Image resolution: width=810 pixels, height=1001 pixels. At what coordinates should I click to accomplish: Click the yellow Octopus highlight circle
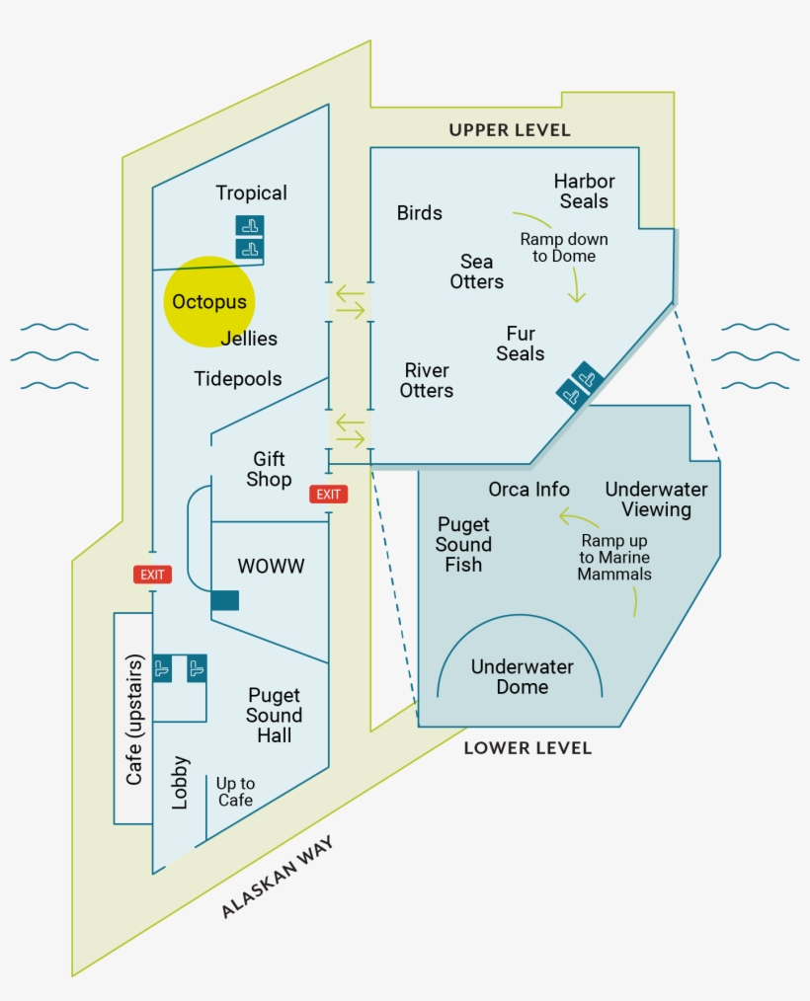pyautogui.click(x=207, y=302)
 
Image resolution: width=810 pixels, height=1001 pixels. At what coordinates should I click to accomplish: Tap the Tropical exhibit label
pyautogui.click(x=252, y=193)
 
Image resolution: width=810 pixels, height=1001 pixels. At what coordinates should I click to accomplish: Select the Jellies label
pyautogui.click(x=249, y=339)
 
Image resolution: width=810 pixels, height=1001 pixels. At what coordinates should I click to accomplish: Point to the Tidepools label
pyautogui.click(x=238, y=379)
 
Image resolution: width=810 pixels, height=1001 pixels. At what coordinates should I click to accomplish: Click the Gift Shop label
pyautogui.click(x=269, y=469)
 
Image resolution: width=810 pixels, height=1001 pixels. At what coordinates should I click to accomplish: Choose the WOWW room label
pyautogui.click(x=271, y=567)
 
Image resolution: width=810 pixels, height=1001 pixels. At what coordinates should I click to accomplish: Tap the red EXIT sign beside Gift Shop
pyautogui.click(x=328, y=494)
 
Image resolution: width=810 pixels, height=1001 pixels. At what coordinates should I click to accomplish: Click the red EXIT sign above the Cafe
pyautogui.click(x=153, y=574)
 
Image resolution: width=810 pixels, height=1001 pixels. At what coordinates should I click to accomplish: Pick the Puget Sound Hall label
pyautogui.click(x=275, y=715)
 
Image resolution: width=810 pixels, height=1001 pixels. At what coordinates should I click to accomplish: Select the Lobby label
pyautogui.click(x=180, y=783)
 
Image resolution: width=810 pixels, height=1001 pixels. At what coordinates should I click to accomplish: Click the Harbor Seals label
pyautogui.click(x=584, y=191)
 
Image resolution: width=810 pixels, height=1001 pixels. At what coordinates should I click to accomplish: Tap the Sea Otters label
pyautogui.click(x=477, y=271)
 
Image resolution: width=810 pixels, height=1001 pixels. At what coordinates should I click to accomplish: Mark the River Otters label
pyautogui.click(x=427, y=380)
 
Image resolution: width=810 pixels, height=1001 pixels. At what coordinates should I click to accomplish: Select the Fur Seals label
pyautogui.click(x=521, y=344)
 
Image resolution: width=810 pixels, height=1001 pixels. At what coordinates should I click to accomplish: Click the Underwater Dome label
pyautogui.click(x=522, y=676)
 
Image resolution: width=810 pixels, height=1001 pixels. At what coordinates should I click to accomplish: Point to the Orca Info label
pyautogui.click(x=528, y=490)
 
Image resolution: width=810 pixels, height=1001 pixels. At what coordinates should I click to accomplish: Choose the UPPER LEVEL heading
pyautogui.click(x=510, y=130)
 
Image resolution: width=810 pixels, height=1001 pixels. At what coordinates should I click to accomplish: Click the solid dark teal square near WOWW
pyautogui.click(x=225, y=599)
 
